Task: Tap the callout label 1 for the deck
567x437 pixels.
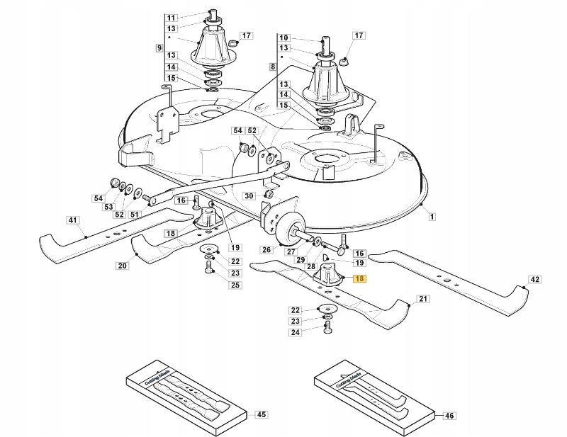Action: [x=432, y=215]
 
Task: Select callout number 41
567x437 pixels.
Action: [x=72, y=221]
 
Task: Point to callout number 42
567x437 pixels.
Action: [x=535, y=280]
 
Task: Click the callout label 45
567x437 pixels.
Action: [x=261, y=414]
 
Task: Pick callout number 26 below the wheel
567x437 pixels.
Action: [x=266, y=249]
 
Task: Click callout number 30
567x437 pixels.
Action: [x=249, y=196]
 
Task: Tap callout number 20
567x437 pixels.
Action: [x=122, y=266]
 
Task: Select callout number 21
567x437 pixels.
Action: [x=423, y=300]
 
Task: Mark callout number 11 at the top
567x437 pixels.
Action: [x=171, y=18]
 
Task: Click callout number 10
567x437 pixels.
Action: [x=284, y=38]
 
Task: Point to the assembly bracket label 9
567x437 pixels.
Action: [x=159, y=47]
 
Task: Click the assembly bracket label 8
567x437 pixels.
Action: [x=273, y=66]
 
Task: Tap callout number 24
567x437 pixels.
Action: [x=296, y=331]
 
